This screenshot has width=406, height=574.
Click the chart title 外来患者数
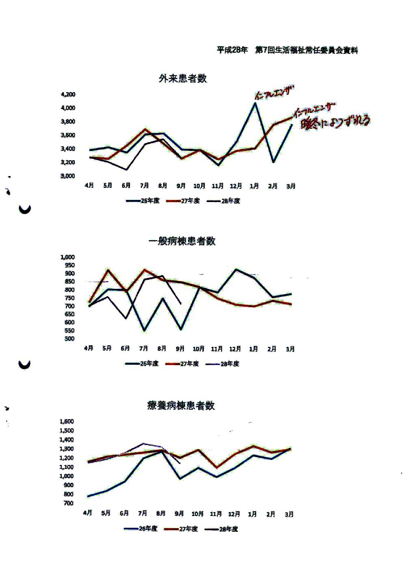tap(183, 78)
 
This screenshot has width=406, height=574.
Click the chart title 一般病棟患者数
tap(182, 241)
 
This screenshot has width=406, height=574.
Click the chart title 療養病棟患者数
tap(181, 405)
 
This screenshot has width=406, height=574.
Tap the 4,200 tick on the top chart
tap(68, 95)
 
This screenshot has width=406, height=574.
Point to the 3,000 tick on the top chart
tap(68, 176)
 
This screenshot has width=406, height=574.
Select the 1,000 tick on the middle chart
tap(67, 257)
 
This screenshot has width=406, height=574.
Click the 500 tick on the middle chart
tap(69, 339)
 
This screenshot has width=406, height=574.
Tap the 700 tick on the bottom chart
tap(68, 503)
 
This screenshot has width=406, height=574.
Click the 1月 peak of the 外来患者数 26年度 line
tap(255, 103)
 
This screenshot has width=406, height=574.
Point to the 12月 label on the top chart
tap(236, 186)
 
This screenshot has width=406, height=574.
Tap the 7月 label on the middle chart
tap(143, 348)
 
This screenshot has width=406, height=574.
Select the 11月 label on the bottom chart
tap(216, 514)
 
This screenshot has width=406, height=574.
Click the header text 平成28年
tap(232, 50)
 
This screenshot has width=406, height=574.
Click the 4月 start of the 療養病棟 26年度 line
tap(88, 496)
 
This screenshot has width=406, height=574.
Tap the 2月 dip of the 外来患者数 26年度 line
tap(273, 162)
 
